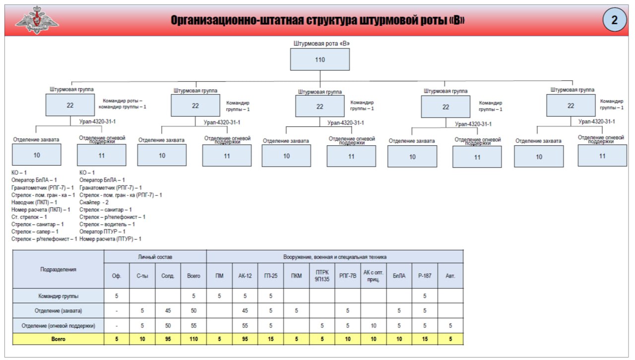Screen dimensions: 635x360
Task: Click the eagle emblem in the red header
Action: tap(37, 20)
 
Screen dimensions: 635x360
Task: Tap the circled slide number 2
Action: tap(614, 20)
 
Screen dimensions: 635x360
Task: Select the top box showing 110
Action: tap(320, 60)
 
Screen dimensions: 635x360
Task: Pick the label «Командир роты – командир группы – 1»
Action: tap(122, 104)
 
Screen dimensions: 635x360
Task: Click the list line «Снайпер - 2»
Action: tap(94, 202)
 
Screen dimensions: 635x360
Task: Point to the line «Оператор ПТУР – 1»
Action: tap(102, 232)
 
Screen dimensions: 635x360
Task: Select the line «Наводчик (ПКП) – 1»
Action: tap(34, 202)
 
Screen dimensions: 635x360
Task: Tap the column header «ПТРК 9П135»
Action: tap(322, 276)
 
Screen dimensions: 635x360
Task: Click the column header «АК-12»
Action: tap(245, 276)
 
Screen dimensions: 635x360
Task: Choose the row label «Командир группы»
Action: tap(58, 296)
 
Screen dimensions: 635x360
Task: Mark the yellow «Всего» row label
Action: tap(58, 339)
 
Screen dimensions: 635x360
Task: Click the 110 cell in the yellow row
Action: tap(193, 339)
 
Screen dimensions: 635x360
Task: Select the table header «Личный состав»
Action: tap(155, 257)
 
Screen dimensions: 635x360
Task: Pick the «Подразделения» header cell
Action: tap(58, 269)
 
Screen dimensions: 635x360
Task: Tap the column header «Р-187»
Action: tap(425, 276)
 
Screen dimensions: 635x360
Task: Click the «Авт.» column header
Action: tap(450, 276)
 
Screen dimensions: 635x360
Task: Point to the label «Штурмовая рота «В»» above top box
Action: tap(321, 43)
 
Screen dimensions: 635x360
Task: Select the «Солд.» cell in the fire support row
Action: tap(168, 326)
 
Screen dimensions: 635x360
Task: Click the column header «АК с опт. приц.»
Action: tap(373, 276)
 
